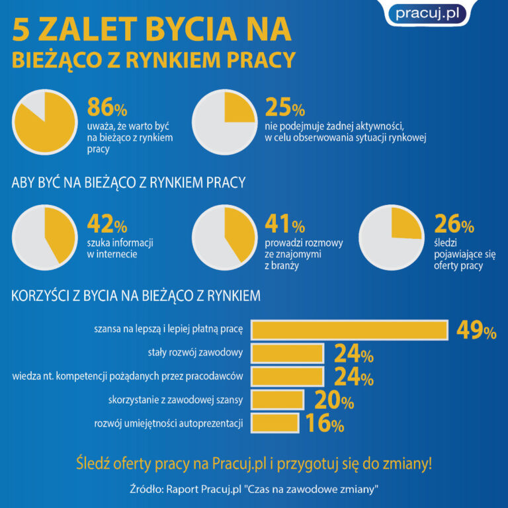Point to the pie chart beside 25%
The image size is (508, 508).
tap(224, 121)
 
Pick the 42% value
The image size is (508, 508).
tap(107, 225)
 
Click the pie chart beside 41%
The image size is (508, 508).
tap(224, 237)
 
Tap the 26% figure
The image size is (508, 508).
tap(454, 225)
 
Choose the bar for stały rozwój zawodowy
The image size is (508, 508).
tap(288, 353)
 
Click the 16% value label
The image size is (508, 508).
tap(324, 423)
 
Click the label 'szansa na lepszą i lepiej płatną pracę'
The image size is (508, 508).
tap(169, 329)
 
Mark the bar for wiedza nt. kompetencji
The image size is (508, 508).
tap(288, 376)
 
